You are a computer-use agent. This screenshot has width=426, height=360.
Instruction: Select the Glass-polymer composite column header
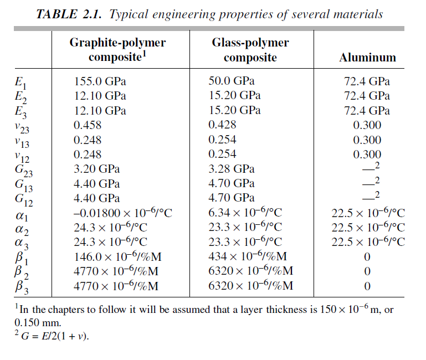tap(250, 50)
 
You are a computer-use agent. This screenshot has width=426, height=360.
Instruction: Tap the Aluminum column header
tap(367, 58)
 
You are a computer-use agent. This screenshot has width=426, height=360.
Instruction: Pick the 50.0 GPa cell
tap(228, 81)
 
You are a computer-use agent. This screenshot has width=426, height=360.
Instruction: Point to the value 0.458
tap(88, 125)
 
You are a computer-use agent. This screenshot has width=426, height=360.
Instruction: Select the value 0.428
tap(222, 125)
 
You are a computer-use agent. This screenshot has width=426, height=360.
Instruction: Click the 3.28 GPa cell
tap(231, 168)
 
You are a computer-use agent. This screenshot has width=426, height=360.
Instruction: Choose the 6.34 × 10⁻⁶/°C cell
tap(245, 213)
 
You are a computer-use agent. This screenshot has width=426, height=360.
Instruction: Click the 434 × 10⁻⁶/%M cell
tap(247, 256)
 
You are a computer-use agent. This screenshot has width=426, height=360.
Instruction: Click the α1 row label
tap(19, 214)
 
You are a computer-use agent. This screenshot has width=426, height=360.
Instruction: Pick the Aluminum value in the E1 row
tap(367, 81)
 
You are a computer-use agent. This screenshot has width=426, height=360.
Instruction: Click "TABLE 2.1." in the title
tap(69, 14)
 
